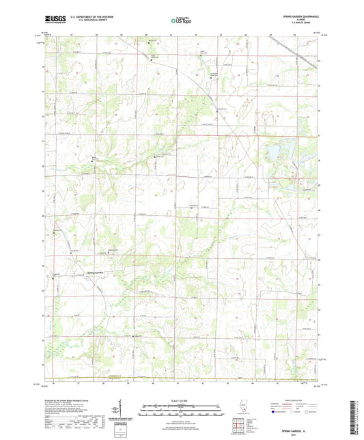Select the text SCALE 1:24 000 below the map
tap(182, 400)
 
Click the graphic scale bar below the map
tap(182, 411)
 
